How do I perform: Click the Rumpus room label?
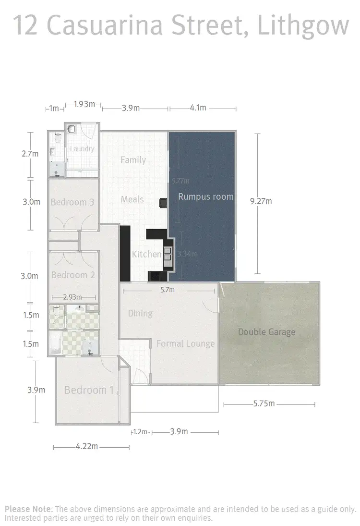[x=205, y=196]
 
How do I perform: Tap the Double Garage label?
[x=267, y=332]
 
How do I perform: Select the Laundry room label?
[x=82, y=149]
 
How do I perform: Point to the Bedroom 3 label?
[x=72, y=202]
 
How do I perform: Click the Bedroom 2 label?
[x=73, y=275]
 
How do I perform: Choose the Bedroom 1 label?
[x=90, y=390]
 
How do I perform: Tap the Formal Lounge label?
[x=185, y=343]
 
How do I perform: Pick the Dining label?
[x=140, y=314]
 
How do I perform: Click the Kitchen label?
[x=146, y=254]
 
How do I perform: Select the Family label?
[x=133, y=160]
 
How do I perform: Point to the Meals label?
[x=132, y=199]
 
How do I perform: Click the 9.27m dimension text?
[x=261, y=201]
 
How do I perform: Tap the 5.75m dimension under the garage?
[x=264, y=404]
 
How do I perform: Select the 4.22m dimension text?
[x=87, y=447]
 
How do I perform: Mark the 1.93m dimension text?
[x=84, y=104]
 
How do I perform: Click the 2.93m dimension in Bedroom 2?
[x=72, y=297]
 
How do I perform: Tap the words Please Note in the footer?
[x=28, y=509]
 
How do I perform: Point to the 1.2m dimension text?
[x=140, y=432]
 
